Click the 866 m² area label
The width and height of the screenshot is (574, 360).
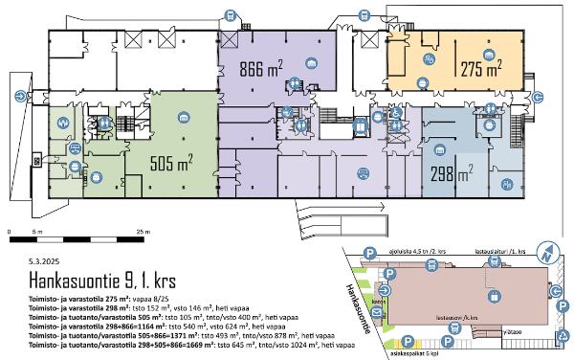260,67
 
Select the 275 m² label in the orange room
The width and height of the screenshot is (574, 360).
481,69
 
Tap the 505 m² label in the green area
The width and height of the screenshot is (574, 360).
171,161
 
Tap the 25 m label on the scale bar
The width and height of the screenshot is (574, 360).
143,233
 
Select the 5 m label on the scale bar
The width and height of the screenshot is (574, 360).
34,233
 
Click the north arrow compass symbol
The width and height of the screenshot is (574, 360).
548,253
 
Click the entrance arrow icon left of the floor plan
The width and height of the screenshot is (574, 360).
20,96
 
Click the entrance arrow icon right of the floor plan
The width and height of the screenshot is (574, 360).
539,96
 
